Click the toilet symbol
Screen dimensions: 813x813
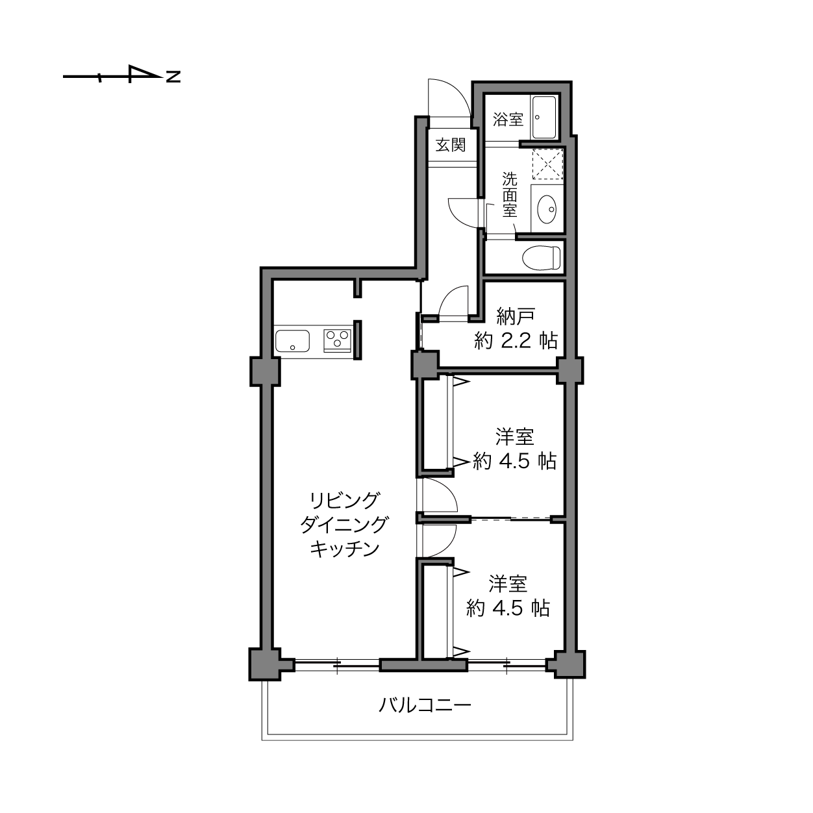[x=542, y=257]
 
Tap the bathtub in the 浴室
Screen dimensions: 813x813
[x=544, y=118]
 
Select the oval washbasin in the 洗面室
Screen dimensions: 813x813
[x=547, y=209]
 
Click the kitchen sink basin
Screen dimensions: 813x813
[x=292, y=341]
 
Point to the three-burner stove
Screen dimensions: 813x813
[x=337, y=340]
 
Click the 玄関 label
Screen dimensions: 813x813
[x=451, y=145]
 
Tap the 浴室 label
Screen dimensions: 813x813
[x=508, y=119]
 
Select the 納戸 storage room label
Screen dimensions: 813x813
[x=516, y=316]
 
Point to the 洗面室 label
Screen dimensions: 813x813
[x=510, y=195]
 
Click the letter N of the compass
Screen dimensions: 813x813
[x=173, y=77]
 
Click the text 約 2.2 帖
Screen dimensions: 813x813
[x=516, y=340]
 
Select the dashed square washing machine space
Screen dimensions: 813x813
[x=547, y=164]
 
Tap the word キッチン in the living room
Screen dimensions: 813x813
[x=345, y=549]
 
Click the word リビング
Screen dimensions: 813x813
[x=344, y=501]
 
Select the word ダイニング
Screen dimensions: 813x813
[x=344, y=525]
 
